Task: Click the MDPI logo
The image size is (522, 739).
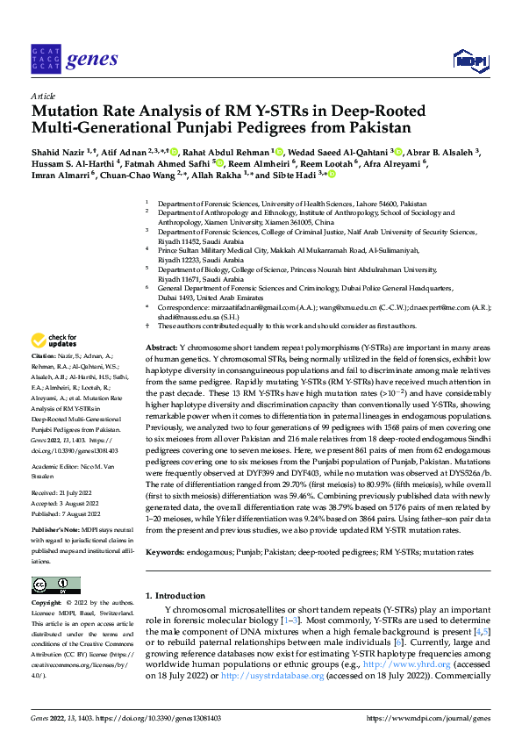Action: [x=470, y=59]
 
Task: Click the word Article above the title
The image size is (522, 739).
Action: [x=42, y=97]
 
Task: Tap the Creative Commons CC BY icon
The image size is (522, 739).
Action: [x=55, y=585]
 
